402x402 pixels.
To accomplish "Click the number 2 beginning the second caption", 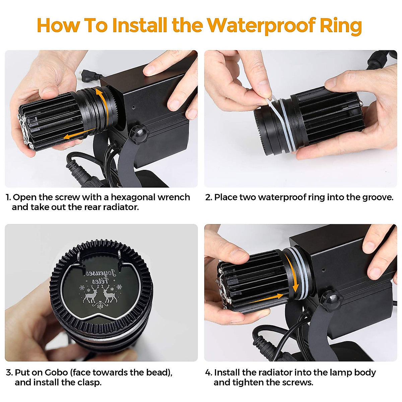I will [208, 197].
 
